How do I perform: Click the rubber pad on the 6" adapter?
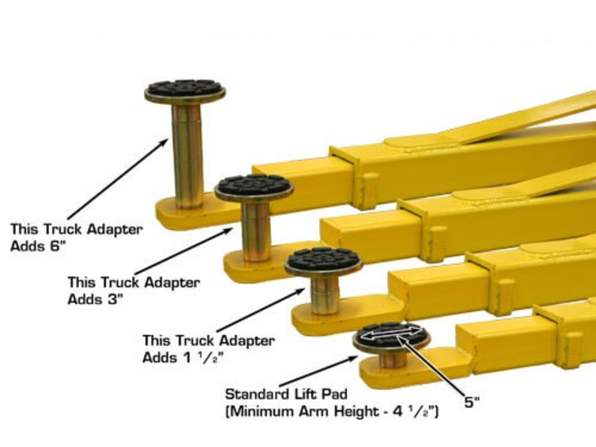tap(185, 88)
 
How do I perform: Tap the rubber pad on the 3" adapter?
tap(254, 185)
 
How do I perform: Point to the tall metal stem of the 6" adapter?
tap(187, 154)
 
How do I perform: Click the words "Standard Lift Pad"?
tap(286, 395)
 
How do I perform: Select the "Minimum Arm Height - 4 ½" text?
tap(332, 412)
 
